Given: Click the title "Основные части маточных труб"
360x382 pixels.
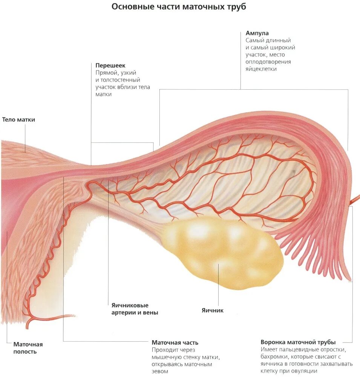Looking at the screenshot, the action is point(179,7).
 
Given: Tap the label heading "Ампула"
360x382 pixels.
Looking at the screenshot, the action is point(257,33).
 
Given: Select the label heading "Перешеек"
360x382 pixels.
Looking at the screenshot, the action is point(110,65).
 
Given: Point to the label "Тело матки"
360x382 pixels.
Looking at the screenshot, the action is point(18,119).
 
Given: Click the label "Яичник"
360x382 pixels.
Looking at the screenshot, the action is point(212,310).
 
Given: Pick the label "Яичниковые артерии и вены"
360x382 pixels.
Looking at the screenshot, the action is point(135,309).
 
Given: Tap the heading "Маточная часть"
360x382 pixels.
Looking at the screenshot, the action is point(175,342).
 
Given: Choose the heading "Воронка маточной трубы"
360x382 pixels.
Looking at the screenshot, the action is point(298,342).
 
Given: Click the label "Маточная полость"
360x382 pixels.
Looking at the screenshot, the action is point(28,348).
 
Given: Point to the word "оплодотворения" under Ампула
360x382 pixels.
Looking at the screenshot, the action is point(268,62).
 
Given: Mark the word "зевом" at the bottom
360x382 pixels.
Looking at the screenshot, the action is point(160,371).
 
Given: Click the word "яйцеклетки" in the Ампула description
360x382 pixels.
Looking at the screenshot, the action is point(261,69).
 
